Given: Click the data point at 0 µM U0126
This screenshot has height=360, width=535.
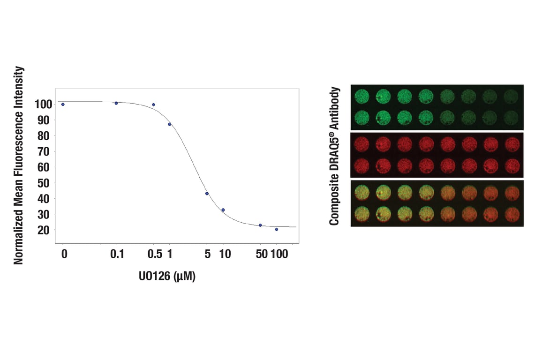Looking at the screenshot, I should [x=63, y=104].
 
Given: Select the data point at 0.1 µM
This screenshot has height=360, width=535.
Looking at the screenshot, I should [x=116, y=103].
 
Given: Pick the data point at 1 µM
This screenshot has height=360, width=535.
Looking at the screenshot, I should [x=170, y=124].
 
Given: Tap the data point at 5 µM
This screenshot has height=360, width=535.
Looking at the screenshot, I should [x=207, y=194].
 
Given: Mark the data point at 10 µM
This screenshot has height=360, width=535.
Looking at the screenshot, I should [x=223, y=210].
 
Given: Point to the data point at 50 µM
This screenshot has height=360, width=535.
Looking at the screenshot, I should [x=260, y=225].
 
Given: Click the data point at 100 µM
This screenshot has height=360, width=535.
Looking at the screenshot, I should [x=277, y=229].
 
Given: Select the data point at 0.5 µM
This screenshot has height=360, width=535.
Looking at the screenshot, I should [x=153, y=105].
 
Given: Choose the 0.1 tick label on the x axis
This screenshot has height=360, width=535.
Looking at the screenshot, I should [x=117, y=255].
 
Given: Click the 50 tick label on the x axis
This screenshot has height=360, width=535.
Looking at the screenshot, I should [x=261, y=255].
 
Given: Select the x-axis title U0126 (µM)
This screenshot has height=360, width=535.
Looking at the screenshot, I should [x=167, y=277].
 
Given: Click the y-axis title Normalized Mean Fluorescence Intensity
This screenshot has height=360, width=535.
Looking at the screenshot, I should [x=18, y=165].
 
